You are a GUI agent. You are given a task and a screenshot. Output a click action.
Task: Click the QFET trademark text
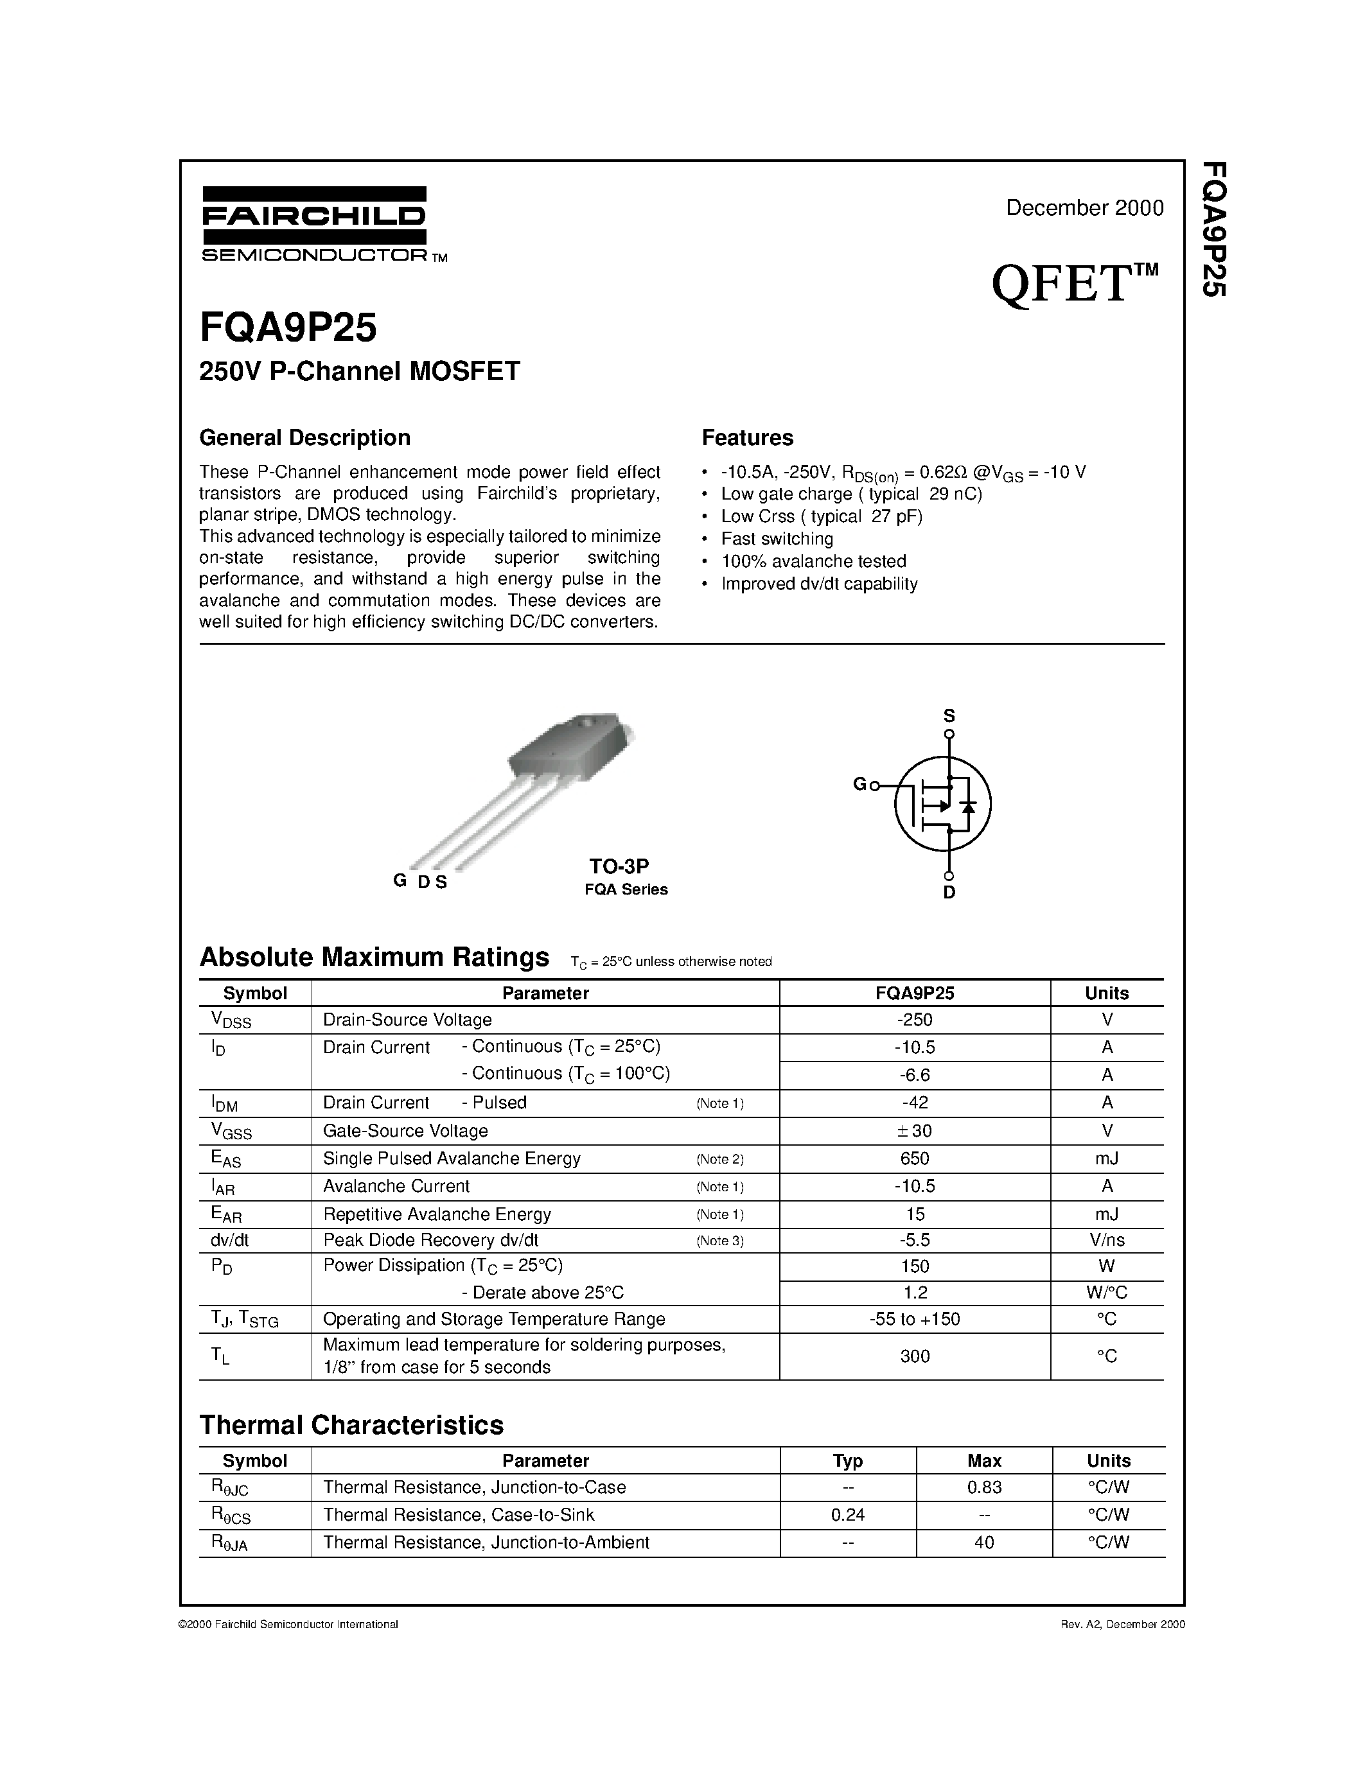click(1074, 284)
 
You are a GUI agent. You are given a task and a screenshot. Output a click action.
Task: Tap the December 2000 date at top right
click(1084, 208)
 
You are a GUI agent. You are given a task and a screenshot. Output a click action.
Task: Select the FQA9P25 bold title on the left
click(288, 328)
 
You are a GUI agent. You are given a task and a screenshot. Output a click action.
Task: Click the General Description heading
click(305, 437)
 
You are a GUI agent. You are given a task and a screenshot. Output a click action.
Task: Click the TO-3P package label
click(619, 866)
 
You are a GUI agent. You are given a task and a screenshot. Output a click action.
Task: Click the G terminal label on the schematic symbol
click(859, 783)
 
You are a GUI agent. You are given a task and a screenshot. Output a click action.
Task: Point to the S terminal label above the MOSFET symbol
click(949, 715)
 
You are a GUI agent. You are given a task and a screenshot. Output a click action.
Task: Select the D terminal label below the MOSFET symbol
click(949, 893)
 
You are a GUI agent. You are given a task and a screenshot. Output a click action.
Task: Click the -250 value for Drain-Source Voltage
click(915, 1020)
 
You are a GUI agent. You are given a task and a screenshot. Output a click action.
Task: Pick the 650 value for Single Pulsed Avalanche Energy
click(915, 1158)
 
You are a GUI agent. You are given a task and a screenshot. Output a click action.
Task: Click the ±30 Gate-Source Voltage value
click(915, 1130)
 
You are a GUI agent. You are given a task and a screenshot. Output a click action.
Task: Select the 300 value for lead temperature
click(915, 1356)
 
